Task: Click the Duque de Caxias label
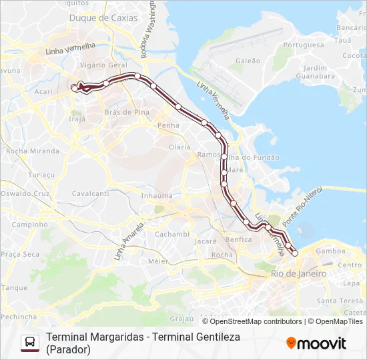tap(103, 18)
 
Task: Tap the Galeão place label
tap(248, 61)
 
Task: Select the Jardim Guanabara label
tap(315, 72)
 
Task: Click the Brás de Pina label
tap(127, 112)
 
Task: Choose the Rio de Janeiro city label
tap(298, 274)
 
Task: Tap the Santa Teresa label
tap(340, 301)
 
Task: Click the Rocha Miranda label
tap(33, 151)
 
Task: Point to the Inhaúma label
tap(157, 196)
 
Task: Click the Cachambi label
tap(172, 235)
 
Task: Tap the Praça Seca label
tap(20, 254)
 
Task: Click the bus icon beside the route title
tap(30, 343)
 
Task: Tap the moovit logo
tap(316, 343)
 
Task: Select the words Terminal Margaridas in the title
tap(93, 337)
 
